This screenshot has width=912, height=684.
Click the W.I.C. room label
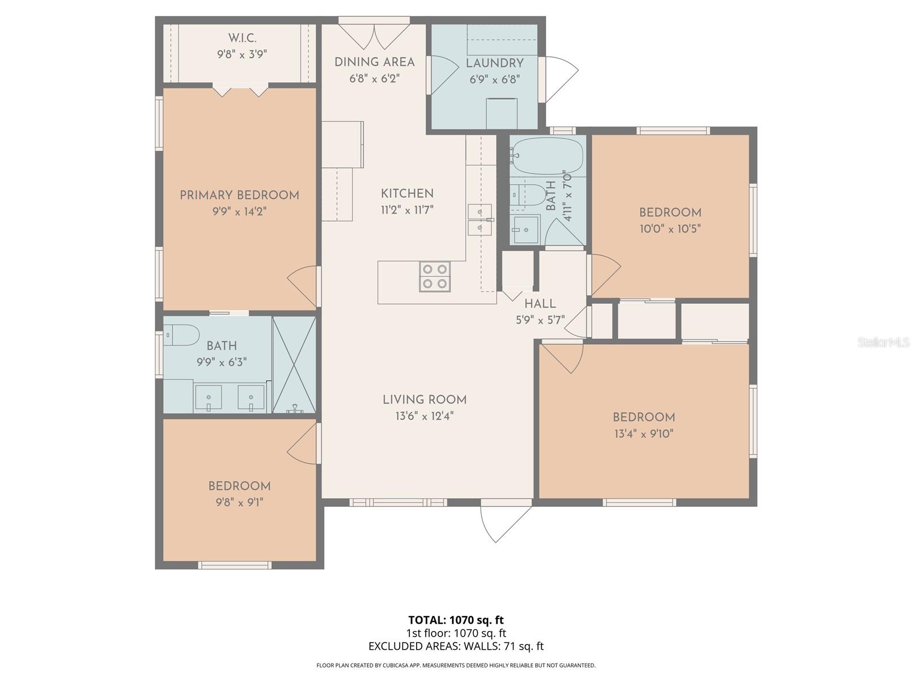coord(242,38)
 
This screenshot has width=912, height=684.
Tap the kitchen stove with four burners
coord(434,276)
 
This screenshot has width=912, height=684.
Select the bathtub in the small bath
coord(547,156)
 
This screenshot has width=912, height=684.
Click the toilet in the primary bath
coord(181,335)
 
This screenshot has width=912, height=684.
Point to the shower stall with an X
coord(294,365)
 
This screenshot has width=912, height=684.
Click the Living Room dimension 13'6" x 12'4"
coord(424,416)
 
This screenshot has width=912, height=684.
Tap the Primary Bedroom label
coord(239,195)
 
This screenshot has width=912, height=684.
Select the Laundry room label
coord(494,63)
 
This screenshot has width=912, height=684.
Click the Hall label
coord(540,304)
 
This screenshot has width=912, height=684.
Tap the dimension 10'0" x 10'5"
coord(670,229)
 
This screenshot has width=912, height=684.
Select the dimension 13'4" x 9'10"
coord(644,434)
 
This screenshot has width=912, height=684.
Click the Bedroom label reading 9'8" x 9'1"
coord(239,486)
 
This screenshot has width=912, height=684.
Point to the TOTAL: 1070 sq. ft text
coord(455,620)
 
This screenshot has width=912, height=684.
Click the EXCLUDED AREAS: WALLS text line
coord(455,646)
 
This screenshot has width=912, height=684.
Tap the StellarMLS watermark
coord(883,342)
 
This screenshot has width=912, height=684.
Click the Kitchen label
coord(407,193)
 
